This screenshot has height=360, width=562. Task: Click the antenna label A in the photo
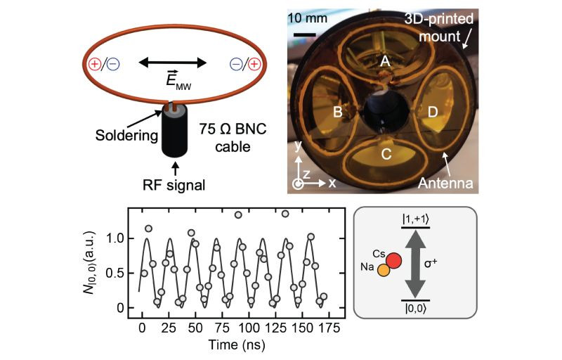click(x=385, y=62)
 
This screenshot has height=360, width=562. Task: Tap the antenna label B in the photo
click(x=337, y=112)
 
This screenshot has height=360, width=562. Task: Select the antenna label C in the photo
click(x=385, y=156)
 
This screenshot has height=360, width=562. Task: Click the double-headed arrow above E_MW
click(x=172, y=63)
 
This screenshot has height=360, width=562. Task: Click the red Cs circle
click(x=393, y=262)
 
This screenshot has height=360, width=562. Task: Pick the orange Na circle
click(x=383, y=270)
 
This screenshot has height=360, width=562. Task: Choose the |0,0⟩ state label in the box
click(x=417, y=308)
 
